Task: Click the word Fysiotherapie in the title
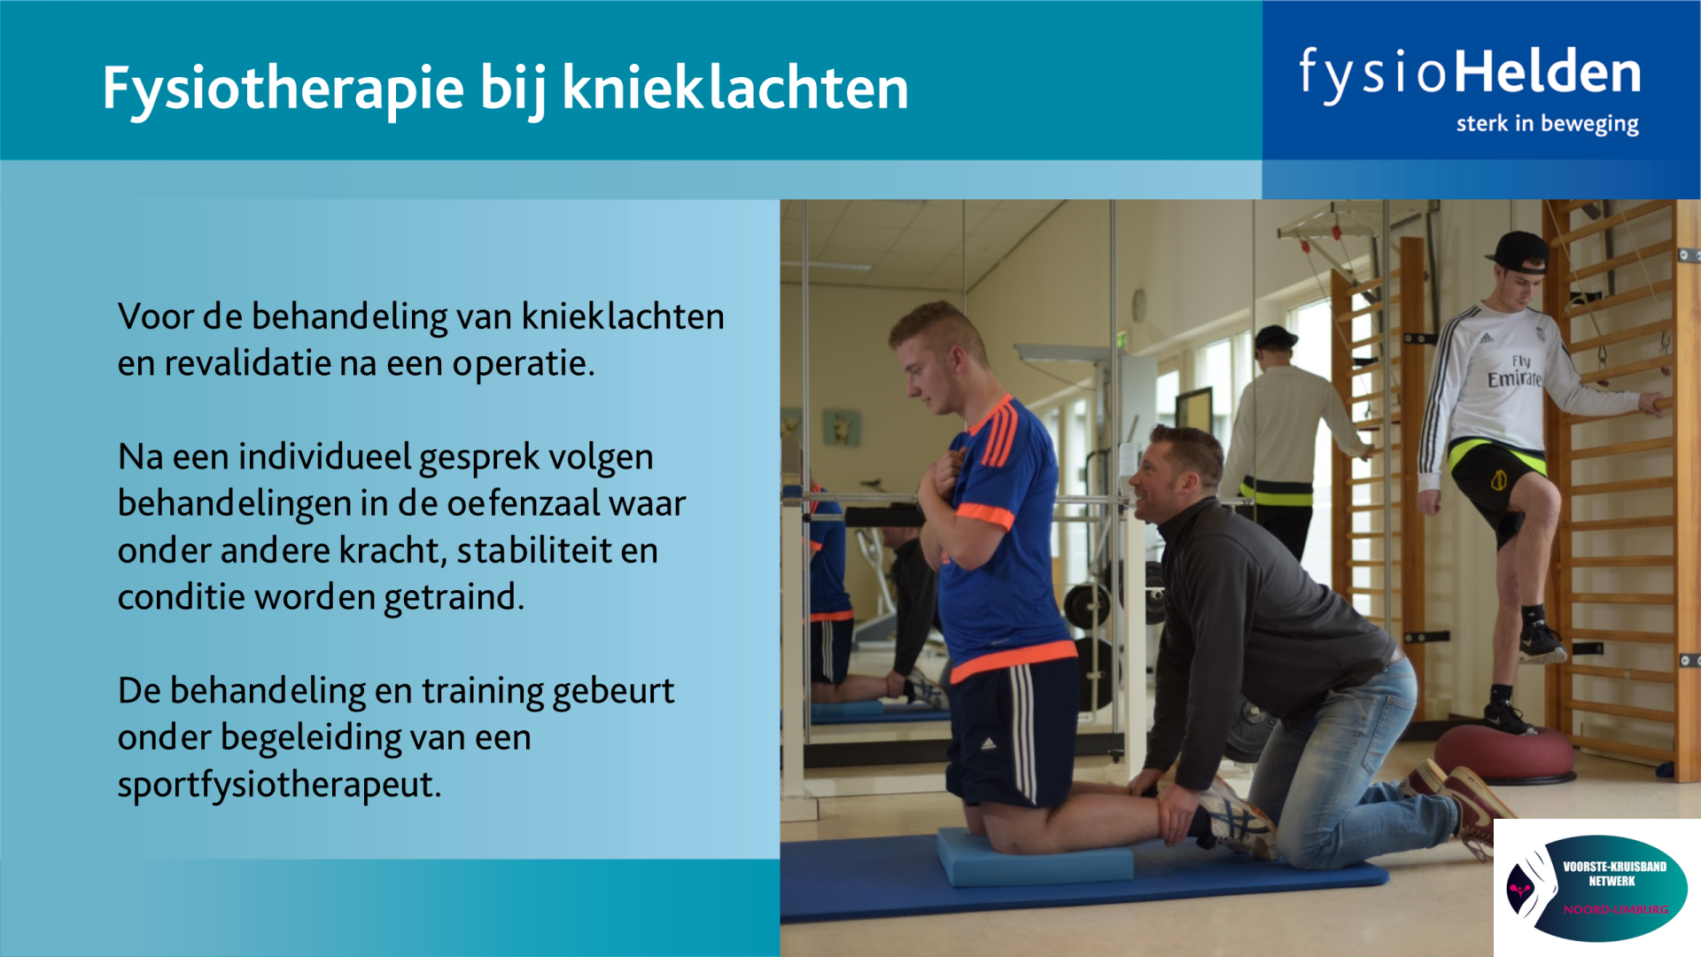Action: (283, 89)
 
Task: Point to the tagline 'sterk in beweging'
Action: (1547, 124)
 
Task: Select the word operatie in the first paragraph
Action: (524, 364)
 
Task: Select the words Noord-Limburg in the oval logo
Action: (1615, 910)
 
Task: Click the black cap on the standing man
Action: (1518, 251)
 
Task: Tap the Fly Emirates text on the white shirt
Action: (1515, 372)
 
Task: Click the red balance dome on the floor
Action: (1504, 753)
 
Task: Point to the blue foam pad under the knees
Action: (1035, 857)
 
